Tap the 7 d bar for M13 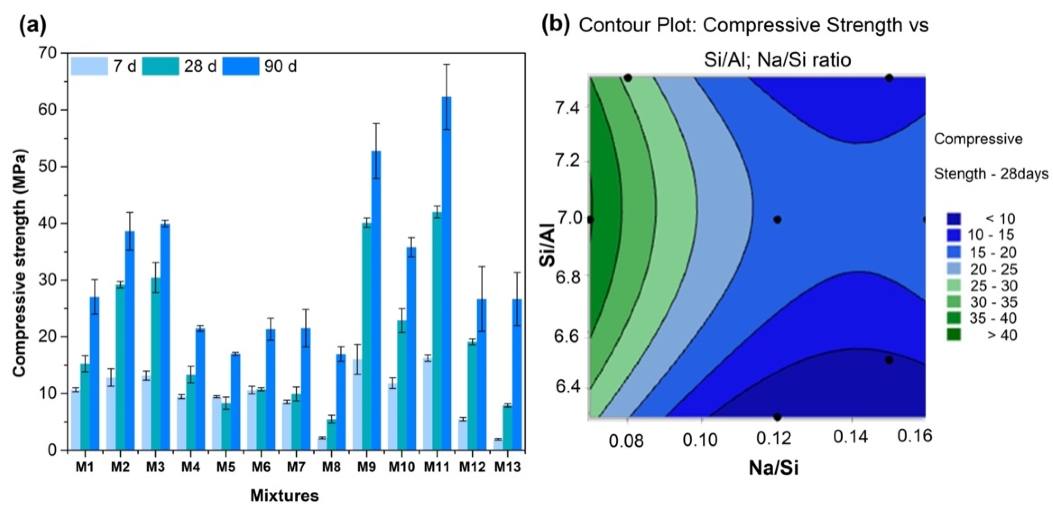tap(498, 444)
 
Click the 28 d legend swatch tap(160, 66)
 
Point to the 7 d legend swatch tap(90, 66)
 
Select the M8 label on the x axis tap(331, 467)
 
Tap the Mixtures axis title tap(285, 496)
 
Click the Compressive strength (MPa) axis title tap(19, 263)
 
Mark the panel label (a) tap(33, 25)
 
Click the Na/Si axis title tap(773, 468)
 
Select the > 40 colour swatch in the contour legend tap(954, 335)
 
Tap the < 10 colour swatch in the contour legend tap(954, 219)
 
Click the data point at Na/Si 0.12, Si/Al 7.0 tap(777, 219)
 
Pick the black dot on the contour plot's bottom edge tap(777, 417)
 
